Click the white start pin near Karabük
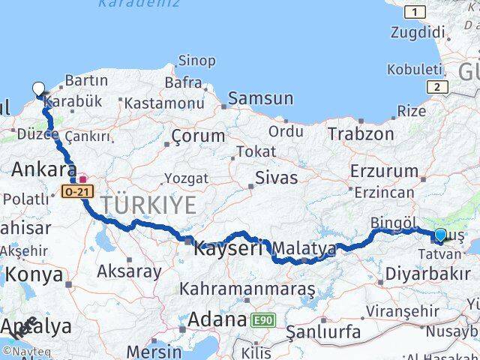click(x=38, y=88)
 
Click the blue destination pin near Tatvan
click(x=439, y=235)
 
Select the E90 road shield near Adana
click(x=262, y=320)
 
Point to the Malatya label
click(x=304, y=247)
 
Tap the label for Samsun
click(x=260, y=97)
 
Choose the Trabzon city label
click(x=361, y=134)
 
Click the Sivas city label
click(x=276, y=178)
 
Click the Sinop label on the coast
click(x=196, y=61)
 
